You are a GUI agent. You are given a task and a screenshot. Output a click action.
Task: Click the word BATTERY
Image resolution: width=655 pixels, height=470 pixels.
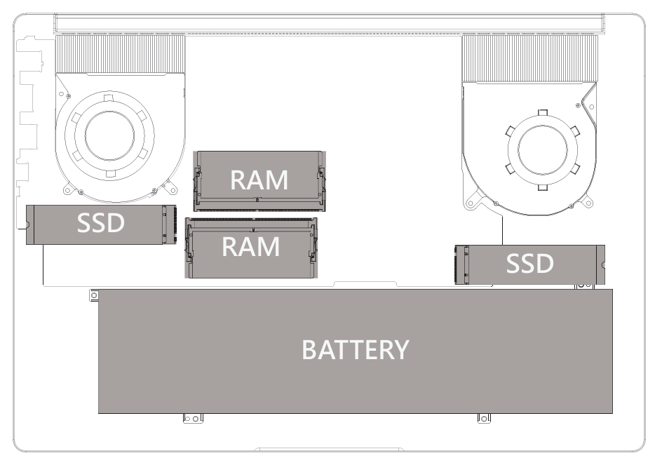pyautogui.click(x=355, y=349)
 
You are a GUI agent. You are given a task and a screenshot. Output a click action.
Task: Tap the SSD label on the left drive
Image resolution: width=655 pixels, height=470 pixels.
pyautogui.click(x=100, y=224)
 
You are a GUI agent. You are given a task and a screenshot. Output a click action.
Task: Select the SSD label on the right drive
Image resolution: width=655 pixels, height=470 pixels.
pyautogui.click(x=529, y=264)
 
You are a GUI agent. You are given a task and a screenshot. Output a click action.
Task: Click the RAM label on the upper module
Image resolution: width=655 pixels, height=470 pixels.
pyautogui.click(x=259, y=180)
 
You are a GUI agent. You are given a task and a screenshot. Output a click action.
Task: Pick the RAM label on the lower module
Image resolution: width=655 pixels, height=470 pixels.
pyautogui.click(x=250, y=247)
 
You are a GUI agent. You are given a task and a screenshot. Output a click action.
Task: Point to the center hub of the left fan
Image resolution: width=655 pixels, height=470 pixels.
pyautogui.click(x=109, y=134)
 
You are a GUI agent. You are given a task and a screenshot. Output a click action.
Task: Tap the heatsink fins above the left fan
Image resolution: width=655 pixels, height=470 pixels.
pyautogui.click(x=120, y=53)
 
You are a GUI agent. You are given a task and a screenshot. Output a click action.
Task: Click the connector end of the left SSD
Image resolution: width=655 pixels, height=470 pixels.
pyautogui.click(x=169, y=224)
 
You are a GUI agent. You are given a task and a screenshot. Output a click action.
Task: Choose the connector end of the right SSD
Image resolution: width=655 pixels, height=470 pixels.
pyautogui.click(x=461, y=264)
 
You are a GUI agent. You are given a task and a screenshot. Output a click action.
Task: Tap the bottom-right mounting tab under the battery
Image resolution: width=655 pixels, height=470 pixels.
pyautogui.click(x=484, y=419)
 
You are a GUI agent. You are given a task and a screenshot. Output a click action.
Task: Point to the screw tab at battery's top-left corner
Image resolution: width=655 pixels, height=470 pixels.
pyautogui.click(x=93, y=295)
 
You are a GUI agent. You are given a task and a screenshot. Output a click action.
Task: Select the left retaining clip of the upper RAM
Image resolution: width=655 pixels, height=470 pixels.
pyautogui.click(x=198, y=180)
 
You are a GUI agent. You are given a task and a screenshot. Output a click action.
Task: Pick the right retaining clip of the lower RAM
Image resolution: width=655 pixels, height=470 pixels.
pyautogui.click(x=313, y=248)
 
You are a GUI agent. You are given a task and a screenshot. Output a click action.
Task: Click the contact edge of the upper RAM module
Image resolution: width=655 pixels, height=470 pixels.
pyautogui.click(x=259, y=207)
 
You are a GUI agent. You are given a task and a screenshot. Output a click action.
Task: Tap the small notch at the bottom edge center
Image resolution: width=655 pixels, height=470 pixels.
pyautogui.click(x=328, y=449)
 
